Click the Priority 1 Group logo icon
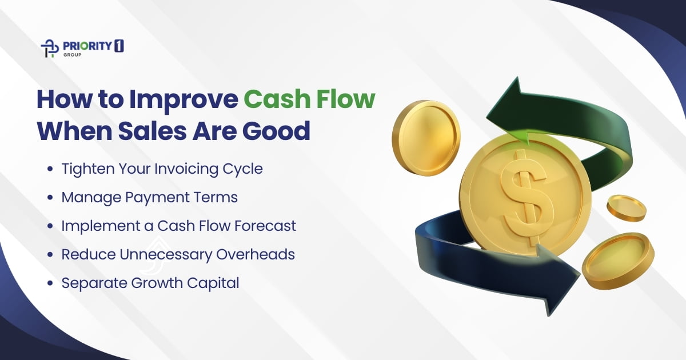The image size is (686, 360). pyautogui.click(x=50, y=49)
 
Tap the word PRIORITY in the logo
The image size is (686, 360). pyautogui.click(x=84, y=46)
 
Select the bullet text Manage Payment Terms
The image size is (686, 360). pyautogui.click(x=149, y=197)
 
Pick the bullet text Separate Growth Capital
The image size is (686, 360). pyautogui.click(x=150, y=283)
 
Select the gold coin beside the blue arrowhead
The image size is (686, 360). pyautogui.click(x=617, y=259)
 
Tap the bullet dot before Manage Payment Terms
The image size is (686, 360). pyautogui.click(x=51, y=198)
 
